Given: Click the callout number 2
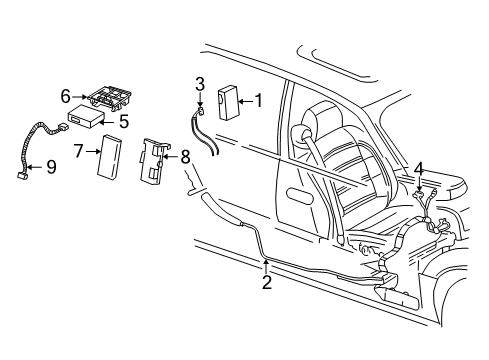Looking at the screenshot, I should click(266, 283).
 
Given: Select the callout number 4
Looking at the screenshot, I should click(419, 168).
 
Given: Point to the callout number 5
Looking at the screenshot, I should click(124, 122).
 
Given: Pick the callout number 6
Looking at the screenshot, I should click(66, 96).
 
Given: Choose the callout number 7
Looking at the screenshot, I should click(78, 151).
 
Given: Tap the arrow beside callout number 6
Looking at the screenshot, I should click(80, 97).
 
